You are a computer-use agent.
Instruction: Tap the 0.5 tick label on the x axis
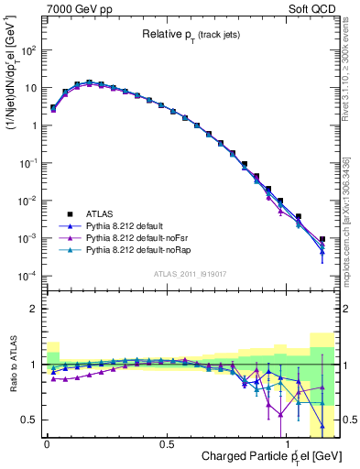pyautogui.click(x=166, y=444)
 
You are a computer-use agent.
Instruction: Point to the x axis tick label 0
pyautogui.click(x=47, y=444)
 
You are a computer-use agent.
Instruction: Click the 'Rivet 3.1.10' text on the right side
pyautogui.click(x=352, y=73)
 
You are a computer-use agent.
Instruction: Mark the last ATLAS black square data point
pyautogui.click(x=322, y=239)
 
